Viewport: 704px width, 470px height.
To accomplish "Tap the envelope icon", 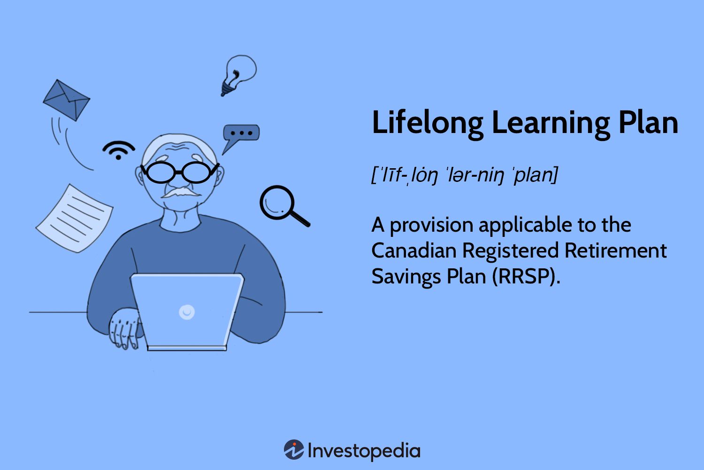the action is click(x=66, y=100).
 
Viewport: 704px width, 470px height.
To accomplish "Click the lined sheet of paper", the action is click(x=74, y=218).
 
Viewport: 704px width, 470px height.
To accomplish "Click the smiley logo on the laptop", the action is click(x=187, y=312).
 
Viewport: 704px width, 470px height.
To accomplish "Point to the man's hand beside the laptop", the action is click(x=125, y=329).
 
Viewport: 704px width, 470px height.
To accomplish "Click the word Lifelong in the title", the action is click(x=428, y=123).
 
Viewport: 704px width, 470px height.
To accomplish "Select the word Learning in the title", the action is click(x=551, y=123).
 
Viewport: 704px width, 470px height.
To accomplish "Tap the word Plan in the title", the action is click(x=648, y=123).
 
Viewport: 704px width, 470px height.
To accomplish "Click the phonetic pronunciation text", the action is click(x=465, y=175).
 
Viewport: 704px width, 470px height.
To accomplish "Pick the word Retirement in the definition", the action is click(x=616, y=251).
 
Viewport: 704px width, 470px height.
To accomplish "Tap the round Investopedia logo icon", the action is click(x=294, y=449).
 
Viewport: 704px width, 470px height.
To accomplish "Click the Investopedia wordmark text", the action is click(x=364, y=451).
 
